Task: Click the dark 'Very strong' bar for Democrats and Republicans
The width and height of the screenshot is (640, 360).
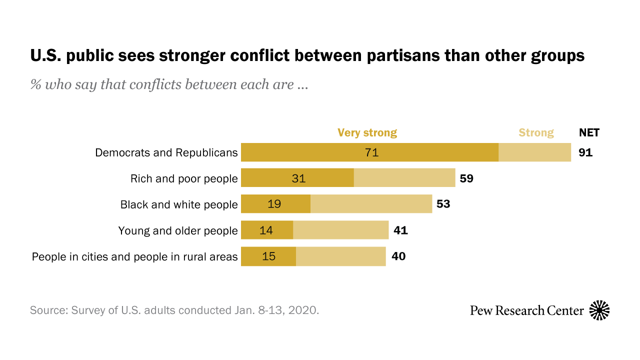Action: point(369,152)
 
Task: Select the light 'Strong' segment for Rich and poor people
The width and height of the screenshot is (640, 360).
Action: point(404,178)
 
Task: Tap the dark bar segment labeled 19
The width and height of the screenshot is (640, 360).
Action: point(275,204)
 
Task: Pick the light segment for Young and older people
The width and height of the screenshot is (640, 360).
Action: point(340,230)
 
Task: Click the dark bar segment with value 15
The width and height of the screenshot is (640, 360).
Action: point(268,256)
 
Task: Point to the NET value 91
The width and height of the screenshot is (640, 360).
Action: point(585,152)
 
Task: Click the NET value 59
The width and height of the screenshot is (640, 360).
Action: point(466,178)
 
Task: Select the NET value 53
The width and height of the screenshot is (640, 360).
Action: point(443,204)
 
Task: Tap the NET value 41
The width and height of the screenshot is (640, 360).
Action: point(400,230)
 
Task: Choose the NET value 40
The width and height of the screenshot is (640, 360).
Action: point(398,256)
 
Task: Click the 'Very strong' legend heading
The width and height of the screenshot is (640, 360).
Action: point(367,133)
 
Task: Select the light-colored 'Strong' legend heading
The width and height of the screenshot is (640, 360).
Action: point(536,133)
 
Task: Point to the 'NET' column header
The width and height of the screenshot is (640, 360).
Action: point(589,133)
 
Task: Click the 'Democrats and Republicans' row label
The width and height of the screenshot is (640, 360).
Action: point(166,152)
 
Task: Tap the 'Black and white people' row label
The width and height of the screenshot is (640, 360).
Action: point(179,204)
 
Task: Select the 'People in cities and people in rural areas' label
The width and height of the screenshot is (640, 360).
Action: point(134,257)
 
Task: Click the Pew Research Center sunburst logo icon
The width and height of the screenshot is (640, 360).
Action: point(599,310)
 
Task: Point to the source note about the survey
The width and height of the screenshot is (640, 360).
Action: point(174,310)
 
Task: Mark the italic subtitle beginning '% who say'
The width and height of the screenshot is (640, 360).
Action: point(168,84)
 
